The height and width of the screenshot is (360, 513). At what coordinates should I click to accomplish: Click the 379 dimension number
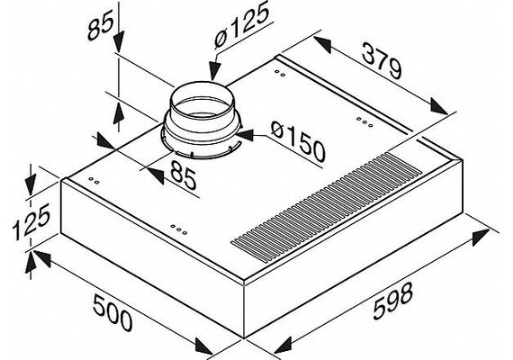382,62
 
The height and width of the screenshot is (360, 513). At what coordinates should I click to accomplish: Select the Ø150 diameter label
298,141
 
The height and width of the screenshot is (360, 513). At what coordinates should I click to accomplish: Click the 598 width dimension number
393,301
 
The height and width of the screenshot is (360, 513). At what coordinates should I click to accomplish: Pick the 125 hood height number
31,221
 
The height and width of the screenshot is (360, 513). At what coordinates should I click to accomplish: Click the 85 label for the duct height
100,24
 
